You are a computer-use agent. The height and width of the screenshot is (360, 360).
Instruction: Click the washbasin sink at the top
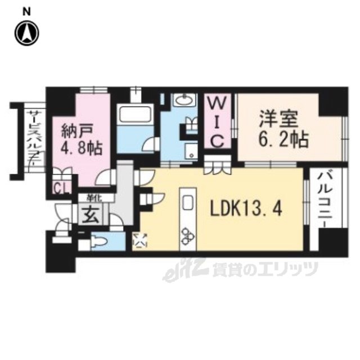184,101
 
